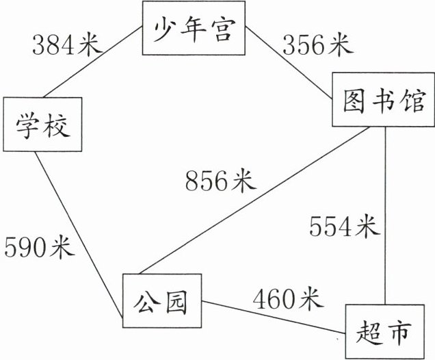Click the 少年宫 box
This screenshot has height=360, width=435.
coord(194,31)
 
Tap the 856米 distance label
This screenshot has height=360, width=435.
coord(220,181)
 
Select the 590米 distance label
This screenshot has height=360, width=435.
coord(39,246)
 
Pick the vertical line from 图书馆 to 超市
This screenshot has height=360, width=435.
coord(386,205)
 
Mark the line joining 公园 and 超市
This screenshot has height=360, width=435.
coord(274,319)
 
